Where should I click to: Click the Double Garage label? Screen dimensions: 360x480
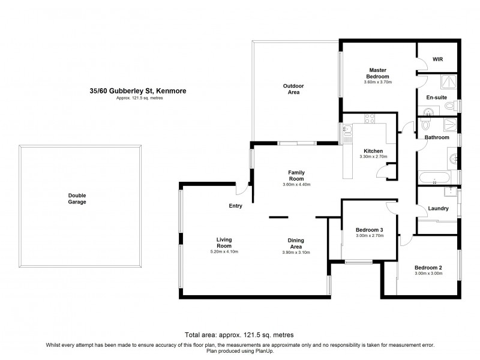click(x=77, y=199)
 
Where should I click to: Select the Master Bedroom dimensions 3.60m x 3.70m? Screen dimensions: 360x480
click(x=379, y=83)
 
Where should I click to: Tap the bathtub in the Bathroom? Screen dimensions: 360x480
click(x=434, y=178)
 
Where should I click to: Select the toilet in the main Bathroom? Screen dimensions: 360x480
click(x=425, y=124)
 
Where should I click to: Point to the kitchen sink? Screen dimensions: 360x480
click(x=347, y=129)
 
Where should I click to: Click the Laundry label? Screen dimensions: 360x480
click(x=439, y=208)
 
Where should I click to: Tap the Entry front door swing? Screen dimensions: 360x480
click(x=241, y=189)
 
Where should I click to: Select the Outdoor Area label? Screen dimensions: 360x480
click(x=293, y=89)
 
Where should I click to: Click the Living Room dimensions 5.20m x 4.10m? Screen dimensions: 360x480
click(x=223, y=251)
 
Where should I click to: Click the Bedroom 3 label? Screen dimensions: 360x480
click(x=369, y=230)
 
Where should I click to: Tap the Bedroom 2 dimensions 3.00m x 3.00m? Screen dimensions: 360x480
click(x=428, y=274)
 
